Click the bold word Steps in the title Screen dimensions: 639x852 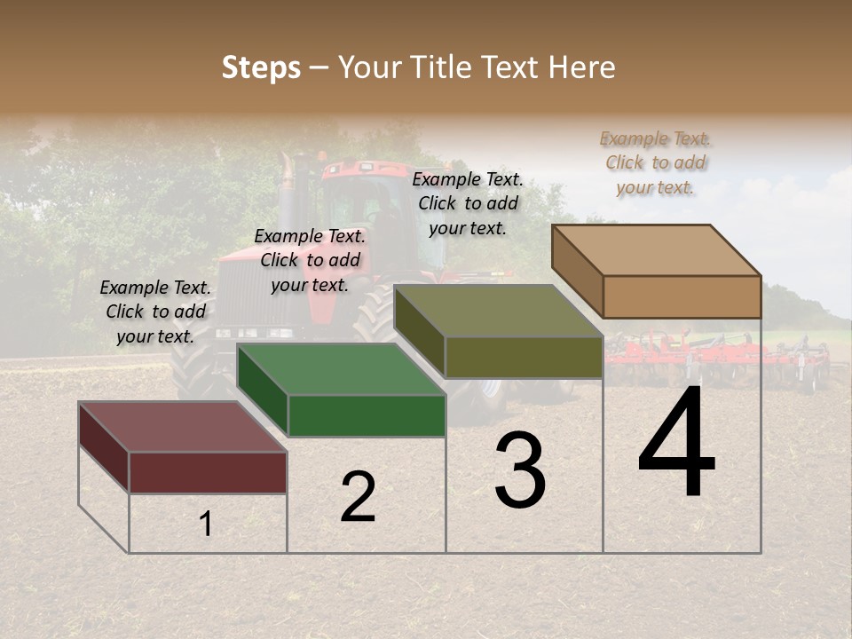click(x=261, y=67)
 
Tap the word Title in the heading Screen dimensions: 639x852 click(x=439, y=67)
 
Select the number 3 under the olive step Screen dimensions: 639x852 click(x=520, y=470)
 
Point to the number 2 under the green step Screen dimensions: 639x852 click(x=358, y=497)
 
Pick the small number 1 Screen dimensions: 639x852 click(x=206, y=525)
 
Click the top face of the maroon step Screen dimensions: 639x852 click(x=182, y=427)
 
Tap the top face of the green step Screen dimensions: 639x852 click(x=341, y=369)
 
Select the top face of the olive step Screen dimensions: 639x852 click(x=498, y=311)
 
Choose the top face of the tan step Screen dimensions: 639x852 click(x=656, y=250)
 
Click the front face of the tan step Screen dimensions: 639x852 click(x=682, y=296)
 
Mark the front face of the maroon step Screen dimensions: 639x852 click(x=208, y=472)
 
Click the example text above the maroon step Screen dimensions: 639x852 click(x=155, y=312)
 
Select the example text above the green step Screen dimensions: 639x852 click(x=310, y=260)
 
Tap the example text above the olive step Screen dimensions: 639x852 click(x=468, y=203)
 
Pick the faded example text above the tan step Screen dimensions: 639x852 click(x=655, y=162)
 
